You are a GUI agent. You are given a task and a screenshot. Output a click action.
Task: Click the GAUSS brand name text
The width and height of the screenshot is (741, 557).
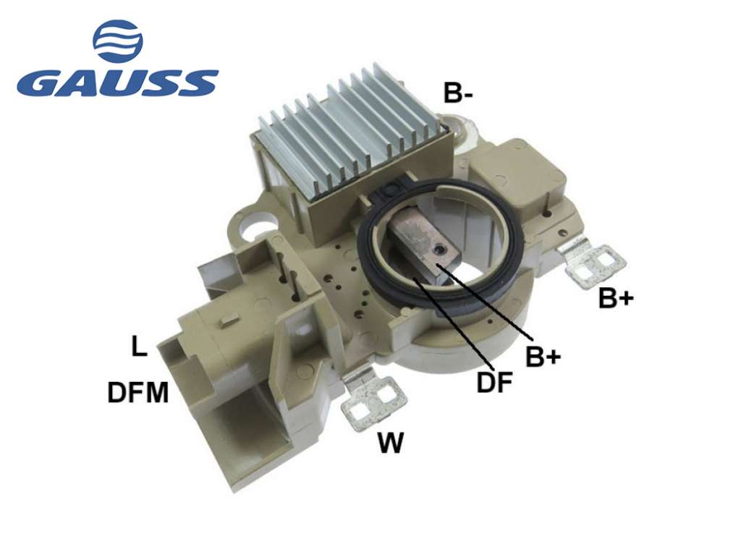click(x=117, y=83)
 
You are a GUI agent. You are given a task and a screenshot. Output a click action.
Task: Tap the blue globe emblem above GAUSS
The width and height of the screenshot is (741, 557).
click(x=118, y=41)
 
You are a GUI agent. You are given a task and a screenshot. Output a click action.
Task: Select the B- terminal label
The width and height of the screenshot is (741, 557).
click(x=458, y=93)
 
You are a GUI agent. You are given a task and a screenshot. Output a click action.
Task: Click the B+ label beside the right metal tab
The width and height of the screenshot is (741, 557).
click(x=616, y=298)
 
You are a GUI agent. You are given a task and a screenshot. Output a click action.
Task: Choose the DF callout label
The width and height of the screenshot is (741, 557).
click(x=494, y=382)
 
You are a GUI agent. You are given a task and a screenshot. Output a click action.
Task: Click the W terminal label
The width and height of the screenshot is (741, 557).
click(x=390, y=443)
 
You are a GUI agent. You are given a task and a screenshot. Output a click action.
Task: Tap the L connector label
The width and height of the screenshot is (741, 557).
click(x=138, y=346)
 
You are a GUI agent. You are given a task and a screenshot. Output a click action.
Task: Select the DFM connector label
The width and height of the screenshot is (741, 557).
click(x=138, y=392)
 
